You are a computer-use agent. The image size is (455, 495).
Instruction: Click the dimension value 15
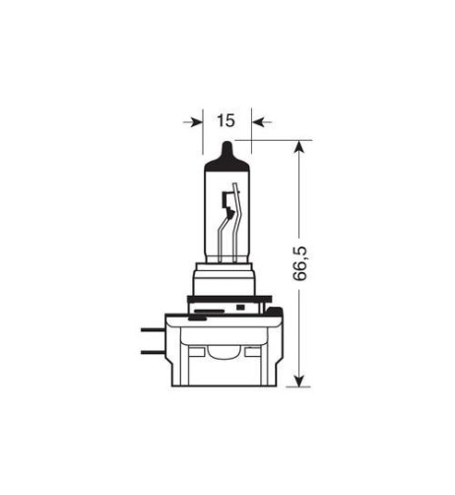226,121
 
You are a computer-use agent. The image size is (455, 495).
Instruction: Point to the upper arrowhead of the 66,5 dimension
301,145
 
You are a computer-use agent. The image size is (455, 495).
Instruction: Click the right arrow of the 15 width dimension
259,122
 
